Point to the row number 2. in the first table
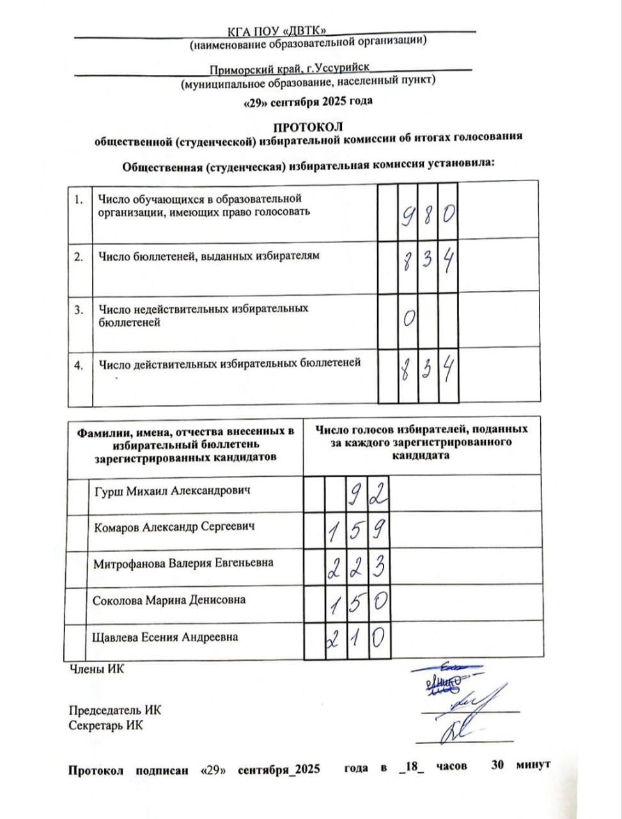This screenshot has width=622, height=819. click(x=79, y=257)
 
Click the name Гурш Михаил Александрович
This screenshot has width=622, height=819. click(x=172, y=491)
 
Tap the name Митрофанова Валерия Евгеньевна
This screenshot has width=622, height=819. click(x=183, y=564)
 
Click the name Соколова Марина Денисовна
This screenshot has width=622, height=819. click(x=169, y=601)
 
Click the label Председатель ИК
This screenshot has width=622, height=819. click(x=114, y=710)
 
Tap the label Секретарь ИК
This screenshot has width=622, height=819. click(x=105, y=725)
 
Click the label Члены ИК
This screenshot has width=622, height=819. click(x=97, y=669)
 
